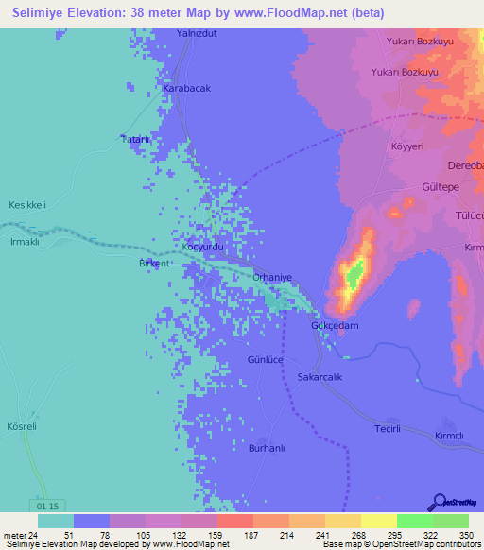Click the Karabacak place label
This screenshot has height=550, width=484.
click(186, 88)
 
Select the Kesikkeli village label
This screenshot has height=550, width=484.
click(27, 205)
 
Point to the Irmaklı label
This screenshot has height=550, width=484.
click(23, 242)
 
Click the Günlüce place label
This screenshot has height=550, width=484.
click(266, 361)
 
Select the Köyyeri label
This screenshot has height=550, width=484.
click(408, 147)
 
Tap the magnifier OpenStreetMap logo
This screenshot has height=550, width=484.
click(440, 503)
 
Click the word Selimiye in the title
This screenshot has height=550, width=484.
click(43, 11)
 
